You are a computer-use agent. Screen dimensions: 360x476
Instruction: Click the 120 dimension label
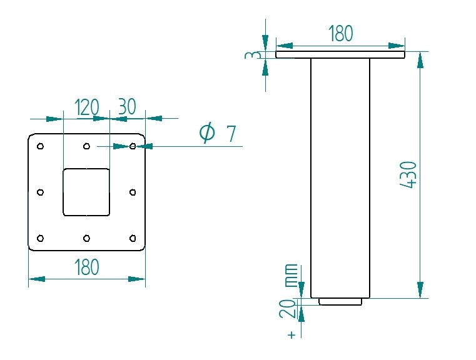(x=86, y=107)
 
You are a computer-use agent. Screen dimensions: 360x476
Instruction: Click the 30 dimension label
(x=127, y=107)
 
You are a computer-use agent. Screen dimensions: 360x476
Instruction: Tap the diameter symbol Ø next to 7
(x=207, y=133)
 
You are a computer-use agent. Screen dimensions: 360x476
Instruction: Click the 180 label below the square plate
(x=86, y=267)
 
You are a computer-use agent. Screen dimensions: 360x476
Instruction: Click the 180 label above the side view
(x=341, y=34)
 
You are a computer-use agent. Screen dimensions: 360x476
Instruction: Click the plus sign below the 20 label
(x=291, y=335)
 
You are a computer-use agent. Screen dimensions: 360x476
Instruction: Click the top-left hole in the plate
(x=41, y=147)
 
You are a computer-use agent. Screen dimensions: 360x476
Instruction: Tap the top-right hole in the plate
(x=133, y=147)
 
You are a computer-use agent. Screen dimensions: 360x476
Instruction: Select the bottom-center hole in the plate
(x=86, y=237)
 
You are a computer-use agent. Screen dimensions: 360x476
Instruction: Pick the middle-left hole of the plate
(x=41, y=192)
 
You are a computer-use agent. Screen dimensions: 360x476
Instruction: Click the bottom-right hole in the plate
(x=133, y=237)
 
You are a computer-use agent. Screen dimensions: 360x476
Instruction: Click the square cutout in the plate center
(x=86, y=192)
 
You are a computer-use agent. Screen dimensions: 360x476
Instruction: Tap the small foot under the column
(x=340, y=302)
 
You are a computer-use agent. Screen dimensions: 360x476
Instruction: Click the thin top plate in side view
(x=340, y=55)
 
